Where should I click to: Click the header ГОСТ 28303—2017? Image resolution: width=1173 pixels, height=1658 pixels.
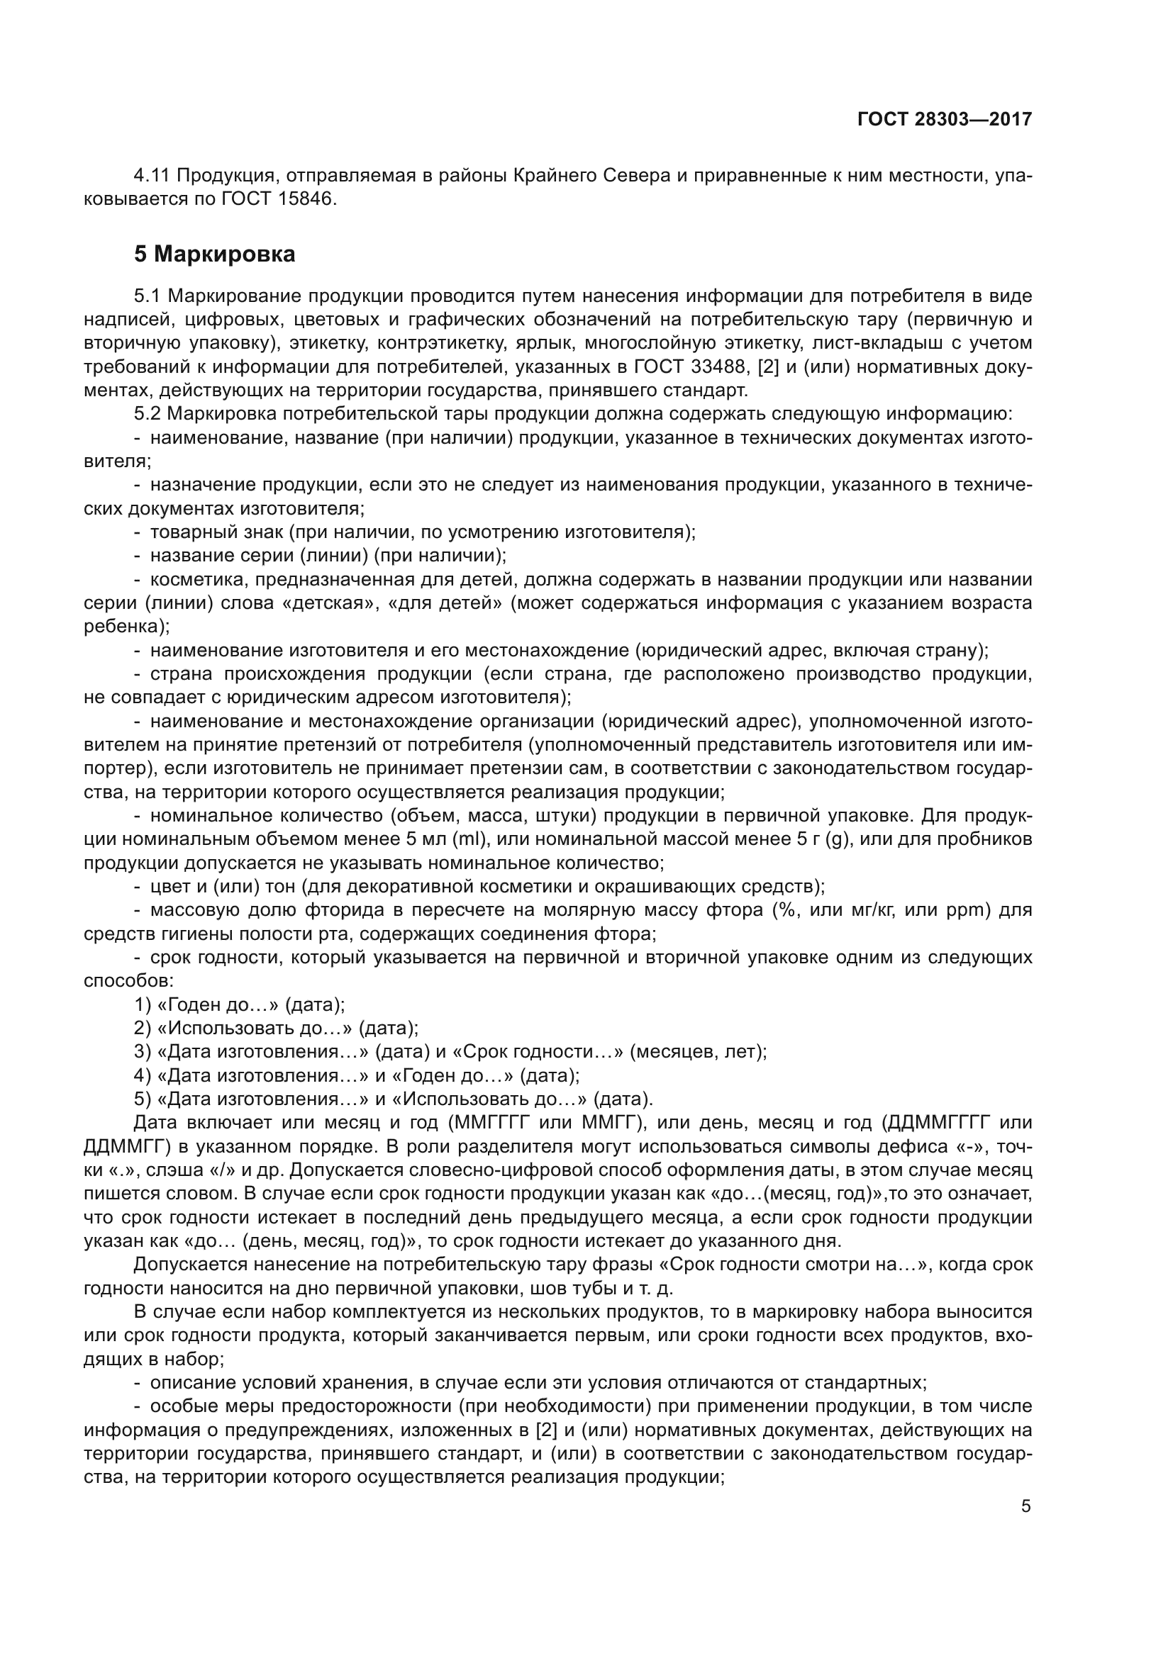944,120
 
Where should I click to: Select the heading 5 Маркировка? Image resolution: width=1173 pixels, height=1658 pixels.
214,255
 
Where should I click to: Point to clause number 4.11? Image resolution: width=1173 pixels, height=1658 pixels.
152,176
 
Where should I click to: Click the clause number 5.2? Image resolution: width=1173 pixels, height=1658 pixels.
148,415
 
